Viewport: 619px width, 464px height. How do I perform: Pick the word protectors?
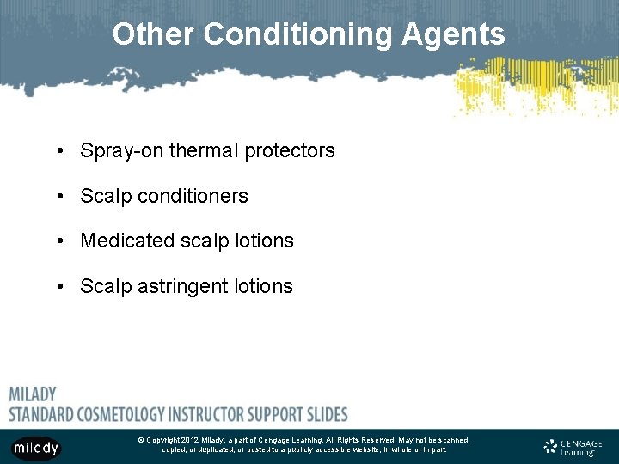[290, 151]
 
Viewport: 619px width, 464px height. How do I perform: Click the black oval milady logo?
[36, 448]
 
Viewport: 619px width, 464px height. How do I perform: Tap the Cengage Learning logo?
[573, 446]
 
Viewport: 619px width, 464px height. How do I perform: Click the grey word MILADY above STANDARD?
[33, 394]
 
